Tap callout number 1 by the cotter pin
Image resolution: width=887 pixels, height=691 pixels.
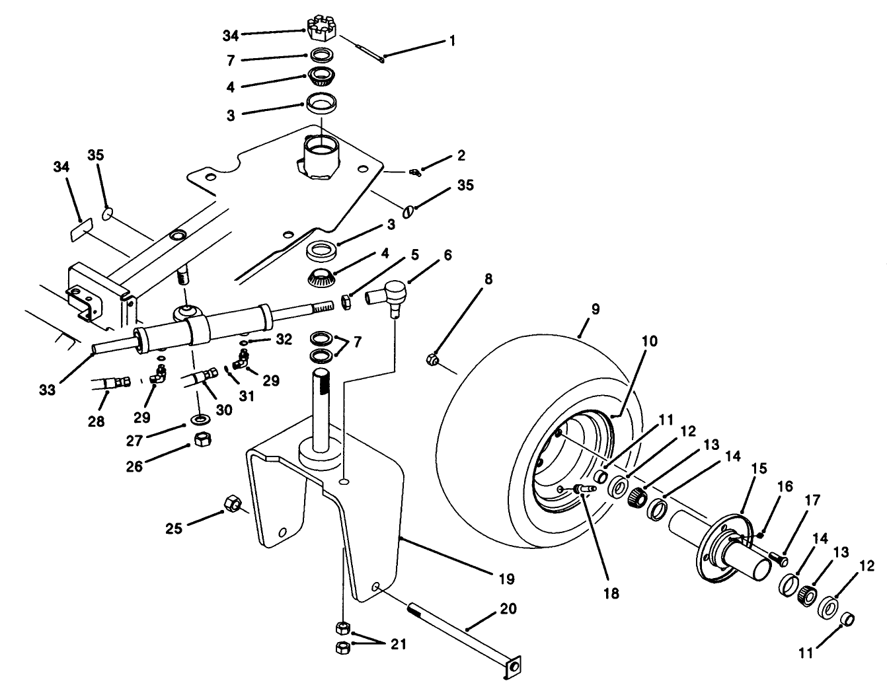[x=452, y=41]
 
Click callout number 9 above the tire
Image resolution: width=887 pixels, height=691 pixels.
[x=595, y=309]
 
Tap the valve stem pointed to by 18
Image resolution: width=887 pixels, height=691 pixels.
[x=583, y=488]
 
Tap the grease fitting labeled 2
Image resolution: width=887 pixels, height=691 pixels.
[x=413, y=173]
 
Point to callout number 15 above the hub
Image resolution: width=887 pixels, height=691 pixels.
[x=759, y=468]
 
